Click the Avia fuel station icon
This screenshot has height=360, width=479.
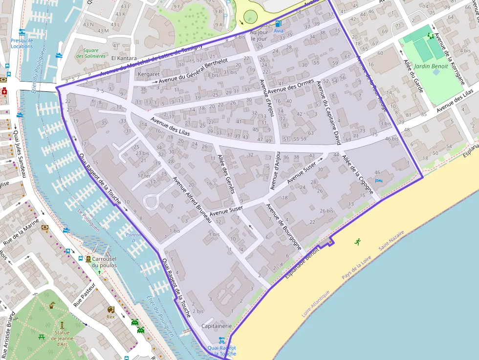278,23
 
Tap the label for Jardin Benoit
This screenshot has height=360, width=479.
431,66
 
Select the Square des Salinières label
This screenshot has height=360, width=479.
90,53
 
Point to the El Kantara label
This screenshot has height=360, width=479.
124,58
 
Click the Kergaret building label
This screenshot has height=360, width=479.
149,74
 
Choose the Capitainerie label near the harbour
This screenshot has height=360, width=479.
216,326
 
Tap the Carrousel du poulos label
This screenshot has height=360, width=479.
104,262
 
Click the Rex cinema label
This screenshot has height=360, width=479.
110,317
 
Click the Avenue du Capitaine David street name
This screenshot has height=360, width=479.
327,113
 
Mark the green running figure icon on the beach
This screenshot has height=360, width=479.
358,241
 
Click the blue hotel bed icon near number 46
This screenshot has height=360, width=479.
377,181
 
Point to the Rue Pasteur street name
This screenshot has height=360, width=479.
84,295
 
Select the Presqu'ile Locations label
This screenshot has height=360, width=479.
22,43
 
